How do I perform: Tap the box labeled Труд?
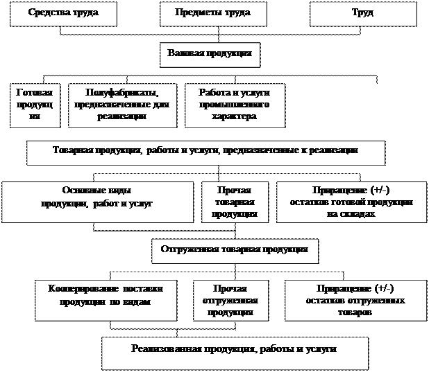(x=363, y=14)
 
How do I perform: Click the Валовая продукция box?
(x=210, y=54)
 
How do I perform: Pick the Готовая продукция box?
(x=35, y=105)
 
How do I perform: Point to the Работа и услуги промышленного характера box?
(x=234, y=105)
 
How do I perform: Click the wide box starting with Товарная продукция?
(x=205, y=151)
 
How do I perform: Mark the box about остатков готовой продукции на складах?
(x=351, y=202)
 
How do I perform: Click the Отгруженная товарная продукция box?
(x=234, y=250)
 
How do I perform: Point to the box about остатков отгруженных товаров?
(x=355, y=300)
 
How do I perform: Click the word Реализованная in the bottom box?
(x=161, y=348)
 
